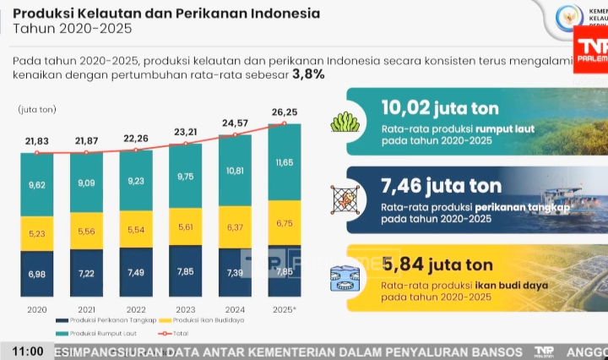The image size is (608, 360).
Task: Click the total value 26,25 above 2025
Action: [283, 112]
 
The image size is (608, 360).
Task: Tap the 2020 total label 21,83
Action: [36, 140]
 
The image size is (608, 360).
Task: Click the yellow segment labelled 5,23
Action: [36, 234]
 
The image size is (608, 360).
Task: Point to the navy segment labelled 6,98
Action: [36, 275]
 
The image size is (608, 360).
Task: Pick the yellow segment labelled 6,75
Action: [284, 223]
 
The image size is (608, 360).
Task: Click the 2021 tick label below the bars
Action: [85, 309]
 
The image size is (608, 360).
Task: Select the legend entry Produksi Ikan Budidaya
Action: [207, 321]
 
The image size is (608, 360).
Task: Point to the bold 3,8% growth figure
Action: [308, 75]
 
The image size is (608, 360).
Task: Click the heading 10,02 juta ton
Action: [439, 108]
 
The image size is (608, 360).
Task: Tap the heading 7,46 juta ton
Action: [441, 185]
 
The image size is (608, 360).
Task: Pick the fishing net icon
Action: [345, 199]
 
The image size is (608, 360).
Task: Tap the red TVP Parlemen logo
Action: [590, 49]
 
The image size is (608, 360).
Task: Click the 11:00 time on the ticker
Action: [28, 351]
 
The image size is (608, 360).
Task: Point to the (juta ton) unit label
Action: [37, 109]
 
